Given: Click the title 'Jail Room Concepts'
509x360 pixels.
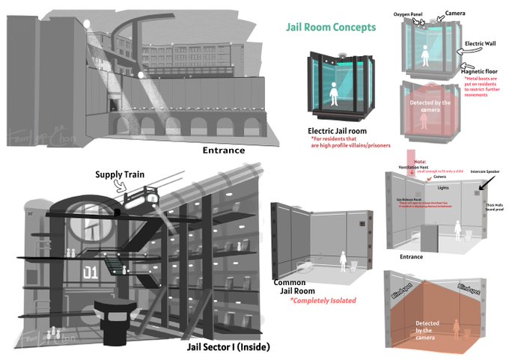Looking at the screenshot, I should tap(331, 27).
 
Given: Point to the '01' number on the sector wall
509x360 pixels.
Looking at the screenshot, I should tap(90, 270).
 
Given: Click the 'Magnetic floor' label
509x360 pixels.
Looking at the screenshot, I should tap(479, 70).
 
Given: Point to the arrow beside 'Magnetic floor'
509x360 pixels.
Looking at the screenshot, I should tap(463, 67).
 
